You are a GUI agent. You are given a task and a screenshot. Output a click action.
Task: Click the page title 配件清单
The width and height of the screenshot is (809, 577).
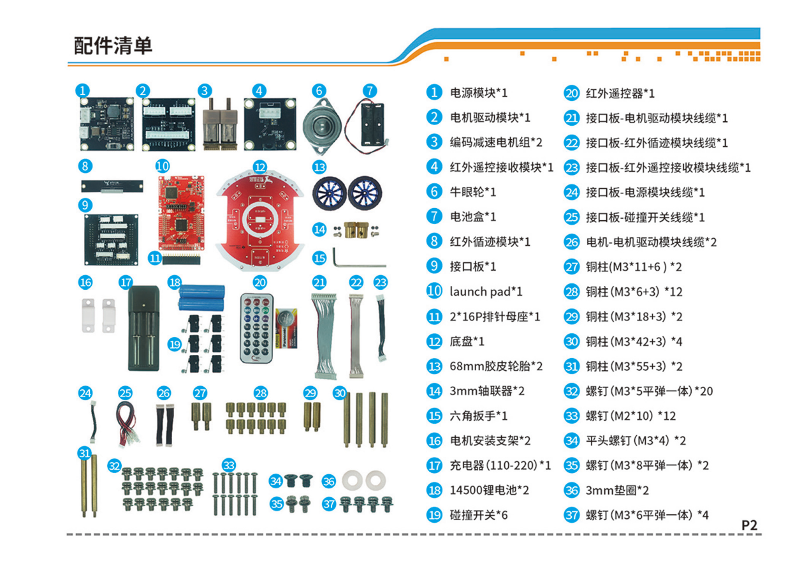click(x=113, y=46)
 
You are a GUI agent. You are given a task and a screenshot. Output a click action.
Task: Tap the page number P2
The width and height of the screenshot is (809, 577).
click(x=749, y=525)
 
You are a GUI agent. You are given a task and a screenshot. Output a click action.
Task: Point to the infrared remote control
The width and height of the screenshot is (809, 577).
click(x=256, y=327)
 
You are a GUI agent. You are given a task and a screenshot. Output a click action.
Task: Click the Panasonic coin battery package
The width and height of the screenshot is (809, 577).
click(x=286, y=329)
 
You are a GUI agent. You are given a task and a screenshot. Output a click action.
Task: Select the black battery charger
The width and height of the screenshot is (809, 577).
click(x=145, y=328)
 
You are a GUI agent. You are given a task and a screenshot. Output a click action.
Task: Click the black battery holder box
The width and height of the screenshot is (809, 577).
click(x=373, y=122)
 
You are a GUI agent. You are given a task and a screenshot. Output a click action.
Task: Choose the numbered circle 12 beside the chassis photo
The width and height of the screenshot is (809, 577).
click(x=259, y=166)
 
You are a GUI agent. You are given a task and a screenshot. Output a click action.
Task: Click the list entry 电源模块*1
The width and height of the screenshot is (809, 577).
click(x=479, y=93)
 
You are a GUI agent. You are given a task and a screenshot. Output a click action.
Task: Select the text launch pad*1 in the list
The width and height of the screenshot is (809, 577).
click(x=486, y=292)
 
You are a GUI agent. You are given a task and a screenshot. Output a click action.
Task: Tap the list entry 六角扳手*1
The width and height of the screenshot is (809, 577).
click(x=478, y=416)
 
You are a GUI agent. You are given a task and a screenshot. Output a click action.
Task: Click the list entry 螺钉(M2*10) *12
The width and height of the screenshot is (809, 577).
click(x=630, y=416)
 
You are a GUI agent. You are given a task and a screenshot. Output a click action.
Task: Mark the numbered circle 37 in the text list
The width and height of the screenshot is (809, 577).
click(x=571, y=515)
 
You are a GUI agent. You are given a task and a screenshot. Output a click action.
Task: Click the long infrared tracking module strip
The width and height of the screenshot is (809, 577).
click(x=112, y=186)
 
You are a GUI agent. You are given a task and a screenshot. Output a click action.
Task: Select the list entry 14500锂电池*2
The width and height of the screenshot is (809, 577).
click(x=489, y=490)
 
